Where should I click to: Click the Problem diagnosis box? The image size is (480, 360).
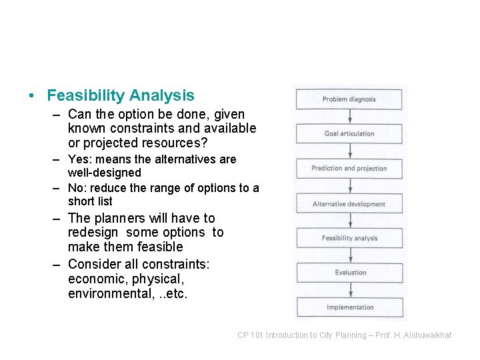[349, 99]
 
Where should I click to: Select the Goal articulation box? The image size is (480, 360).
[349, 134]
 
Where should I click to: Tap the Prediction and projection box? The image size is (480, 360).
[349, 169]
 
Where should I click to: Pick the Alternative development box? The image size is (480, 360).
[349, 204]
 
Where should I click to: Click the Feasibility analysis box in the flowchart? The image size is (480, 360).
[349, 238]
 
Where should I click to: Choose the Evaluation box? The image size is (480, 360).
[349, 273]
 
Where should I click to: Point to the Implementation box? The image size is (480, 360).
[349, 307]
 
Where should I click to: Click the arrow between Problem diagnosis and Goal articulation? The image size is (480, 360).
[349, 117]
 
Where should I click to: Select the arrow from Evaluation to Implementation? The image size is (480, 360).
[349, 290]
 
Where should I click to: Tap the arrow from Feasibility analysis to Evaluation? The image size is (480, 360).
[349, 255]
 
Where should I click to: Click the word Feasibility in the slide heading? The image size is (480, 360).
[87, 96]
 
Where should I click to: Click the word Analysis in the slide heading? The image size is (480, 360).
[163, 96]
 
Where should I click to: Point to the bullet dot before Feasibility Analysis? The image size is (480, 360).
[32, 97]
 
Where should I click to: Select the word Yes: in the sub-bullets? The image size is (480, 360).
[79, 159]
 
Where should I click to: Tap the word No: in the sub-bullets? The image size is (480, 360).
[78, 188]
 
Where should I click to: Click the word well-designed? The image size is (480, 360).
[105, 173]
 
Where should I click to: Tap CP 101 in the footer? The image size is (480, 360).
[251, 335]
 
